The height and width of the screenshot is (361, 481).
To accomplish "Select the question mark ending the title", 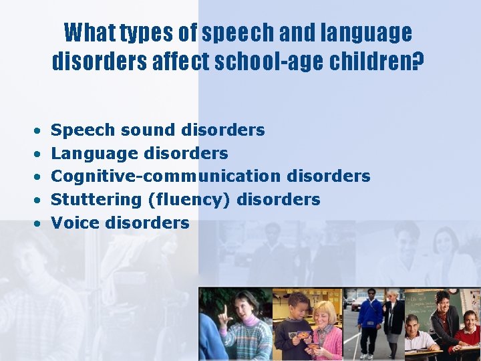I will click(418, 62).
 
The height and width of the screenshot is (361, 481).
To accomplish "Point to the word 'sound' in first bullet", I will click(140, 130).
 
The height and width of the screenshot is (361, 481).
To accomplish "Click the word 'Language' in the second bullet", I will click(94, 153).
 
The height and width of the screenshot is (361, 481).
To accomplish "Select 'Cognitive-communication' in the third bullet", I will click(166, 176).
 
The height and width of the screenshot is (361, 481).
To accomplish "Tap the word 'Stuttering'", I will click(96, 199).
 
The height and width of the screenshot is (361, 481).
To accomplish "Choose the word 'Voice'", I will click(75, 223).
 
